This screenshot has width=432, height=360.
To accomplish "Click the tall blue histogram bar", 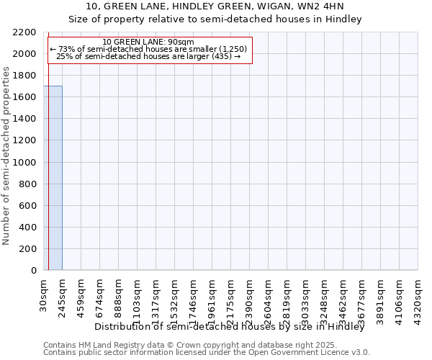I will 53,178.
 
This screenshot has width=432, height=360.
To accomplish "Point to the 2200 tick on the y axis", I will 24,32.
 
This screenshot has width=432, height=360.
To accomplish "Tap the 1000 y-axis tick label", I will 24,163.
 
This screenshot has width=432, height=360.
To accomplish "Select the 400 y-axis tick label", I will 27,228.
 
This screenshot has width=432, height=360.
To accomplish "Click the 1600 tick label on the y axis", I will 24,97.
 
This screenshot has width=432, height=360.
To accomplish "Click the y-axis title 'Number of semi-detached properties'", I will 6,156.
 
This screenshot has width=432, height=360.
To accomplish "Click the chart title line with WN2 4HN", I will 215,6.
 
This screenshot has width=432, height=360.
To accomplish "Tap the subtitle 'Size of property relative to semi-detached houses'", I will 215,19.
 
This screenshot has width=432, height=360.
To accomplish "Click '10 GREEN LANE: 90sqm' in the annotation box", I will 148,42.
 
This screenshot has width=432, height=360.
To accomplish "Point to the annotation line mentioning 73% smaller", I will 148,49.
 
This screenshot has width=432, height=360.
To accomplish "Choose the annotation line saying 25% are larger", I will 148,56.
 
